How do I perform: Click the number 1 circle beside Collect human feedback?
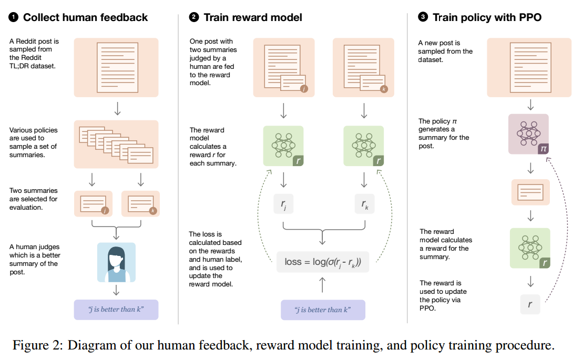pos(13,17)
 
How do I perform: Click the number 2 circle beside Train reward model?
pos(193,17)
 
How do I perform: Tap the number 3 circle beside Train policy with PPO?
pos(423,17)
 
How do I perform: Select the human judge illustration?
pos(116,262)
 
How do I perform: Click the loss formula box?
pos(323,262)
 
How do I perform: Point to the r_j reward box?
pos(283,204)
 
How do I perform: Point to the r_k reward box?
pos(364,204)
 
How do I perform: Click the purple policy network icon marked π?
pos(529,134)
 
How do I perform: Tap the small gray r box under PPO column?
pos(530,304)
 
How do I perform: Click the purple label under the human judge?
pos(116,310)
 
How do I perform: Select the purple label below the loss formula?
pos(323,310)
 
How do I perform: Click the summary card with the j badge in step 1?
pos(94,204)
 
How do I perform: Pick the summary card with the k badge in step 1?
pos(140,204)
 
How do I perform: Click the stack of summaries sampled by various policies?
pos(116,145)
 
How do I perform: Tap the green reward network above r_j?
pos(283,146)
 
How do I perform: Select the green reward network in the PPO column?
pos(530,248)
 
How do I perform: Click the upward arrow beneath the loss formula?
pos(322,284)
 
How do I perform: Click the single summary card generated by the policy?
pos(530,192)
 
